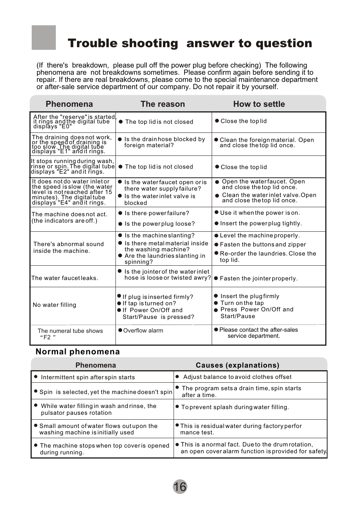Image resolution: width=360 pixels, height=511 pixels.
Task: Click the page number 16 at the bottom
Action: pyautogui.click(x=180, y=486)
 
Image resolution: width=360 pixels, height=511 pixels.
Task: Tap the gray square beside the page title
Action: pyautogui.click(x=44, y=38)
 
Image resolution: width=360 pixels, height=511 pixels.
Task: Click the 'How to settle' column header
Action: pyautogui.click(x=259, y=104)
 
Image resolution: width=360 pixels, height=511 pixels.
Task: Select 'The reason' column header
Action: pyautogui.click(x=163, y=104)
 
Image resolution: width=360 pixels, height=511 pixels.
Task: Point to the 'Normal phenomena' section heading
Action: pyautogui.click(x=78, y=352)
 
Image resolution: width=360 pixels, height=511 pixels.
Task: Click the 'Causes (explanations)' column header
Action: pyautogui.click(x=237, y=365)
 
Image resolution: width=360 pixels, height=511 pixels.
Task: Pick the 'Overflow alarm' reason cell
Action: pyautogui.click(x=143, y=331)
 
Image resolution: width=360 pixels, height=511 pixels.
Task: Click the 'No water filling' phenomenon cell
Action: pyautogui.click(x=54, y=305)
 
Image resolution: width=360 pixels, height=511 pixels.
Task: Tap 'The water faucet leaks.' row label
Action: pyautogui.click(x=65, y=278)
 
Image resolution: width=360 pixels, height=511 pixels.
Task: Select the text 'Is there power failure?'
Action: pyautogui.click(x=157, y=213)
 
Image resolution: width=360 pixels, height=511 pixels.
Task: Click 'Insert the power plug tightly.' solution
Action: pyautogui.click(x=261, y=223)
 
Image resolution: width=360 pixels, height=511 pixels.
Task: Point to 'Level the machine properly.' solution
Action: pyautogui.click(x=260, y=235)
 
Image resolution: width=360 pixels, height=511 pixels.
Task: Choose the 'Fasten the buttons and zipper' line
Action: pyautogui.click(x=263, y=245)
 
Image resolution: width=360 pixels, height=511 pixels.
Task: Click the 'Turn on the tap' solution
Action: pyautogui.click(x=242, y=303)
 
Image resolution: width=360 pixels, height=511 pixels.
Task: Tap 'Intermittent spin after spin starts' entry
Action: pyautogui.click(x=88, y=377)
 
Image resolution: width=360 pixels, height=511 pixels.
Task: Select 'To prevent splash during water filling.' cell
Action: pyautogui.click(x=235, y=407)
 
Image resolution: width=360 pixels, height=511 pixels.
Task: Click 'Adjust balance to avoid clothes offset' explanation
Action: pyautogui.click(x=237, y=377)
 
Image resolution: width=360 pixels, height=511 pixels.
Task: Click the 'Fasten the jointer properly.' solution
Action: pyautogui.click(x=258, y=279)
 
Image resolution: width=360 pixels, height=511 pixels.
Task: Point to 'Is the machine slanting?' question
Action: pyautogui.click(x=160, y=235)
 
